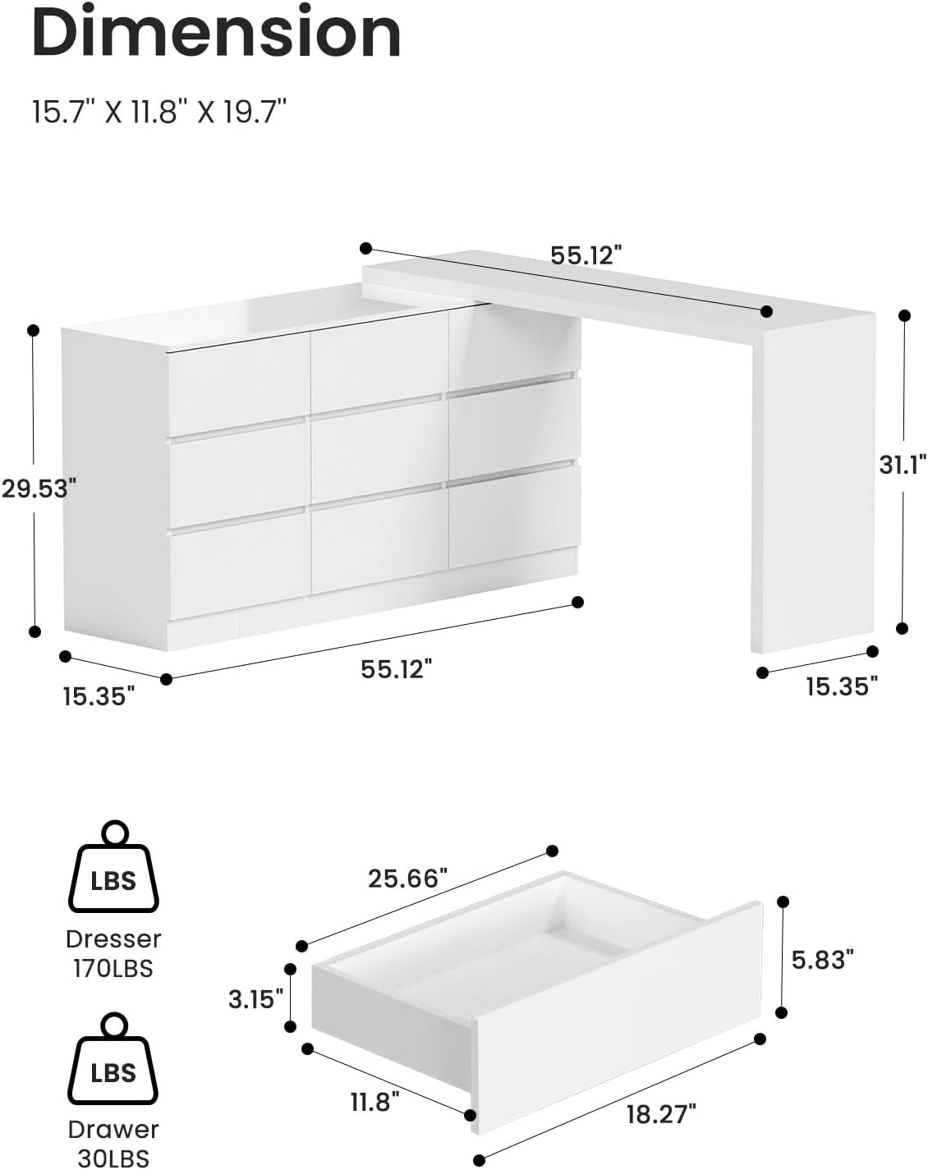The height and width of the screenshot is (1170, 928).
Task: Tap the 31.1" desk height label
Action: point(903,464)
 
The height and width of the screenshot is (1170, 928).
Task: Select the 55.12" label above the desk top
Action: point(581,255)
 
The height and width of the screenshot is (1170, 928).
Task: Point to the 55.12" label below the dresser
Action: point(396,669)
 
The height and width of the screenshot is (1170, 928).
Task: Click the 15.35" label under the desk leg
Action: point(842,686)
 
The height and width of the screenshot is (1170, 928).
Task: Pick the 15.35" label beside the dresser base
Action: point(99,696)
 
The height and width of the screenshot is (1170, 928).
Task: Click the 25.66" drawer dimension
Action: point(407,879)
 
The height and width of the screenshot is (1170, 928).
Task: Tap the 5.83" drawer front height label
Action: point(823,958)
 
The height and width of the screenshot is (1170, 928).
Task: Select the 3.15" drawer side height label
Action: point(256,998)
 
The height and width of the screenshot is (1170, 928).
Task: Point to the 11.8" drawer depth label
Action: point(374,1101)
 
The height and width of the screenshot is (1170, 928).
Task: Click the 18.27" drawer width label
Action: point(661,1113)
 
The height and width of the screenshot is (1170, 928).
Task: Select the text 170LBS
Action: point(113,969)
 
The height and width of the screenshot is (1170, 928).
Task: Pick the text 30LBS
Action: point(113,1159)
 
